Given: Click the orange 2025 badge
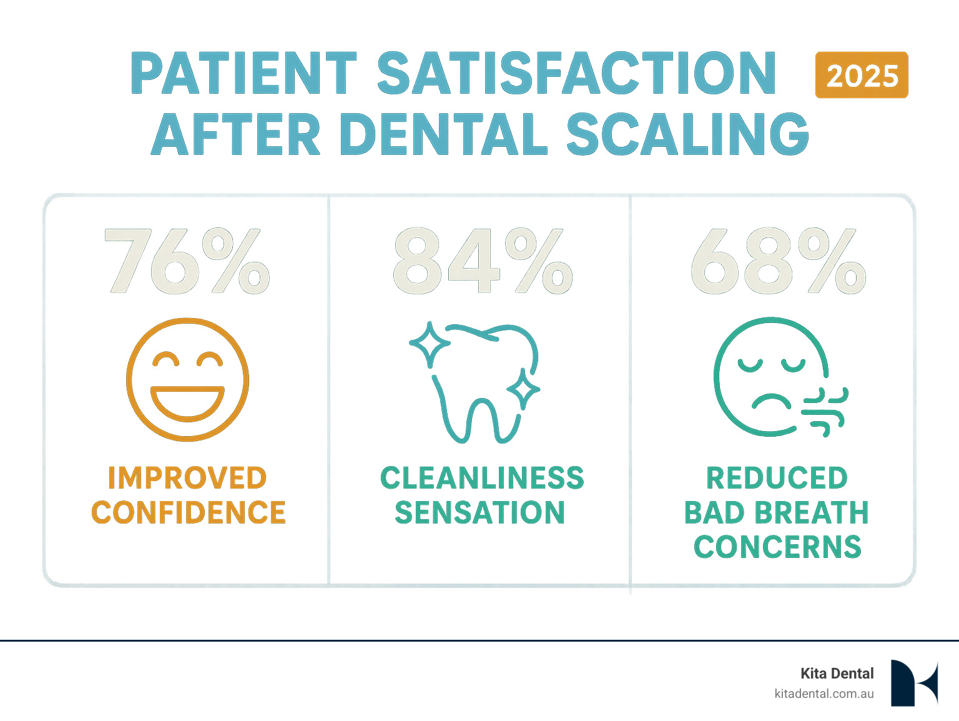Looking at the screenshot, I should point(862,75).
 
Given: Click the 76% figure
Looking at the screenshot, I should point(187,262).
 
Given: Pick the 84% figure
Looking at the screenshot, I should point(482,262).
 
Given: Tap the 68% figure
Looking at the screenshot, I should point(778,262).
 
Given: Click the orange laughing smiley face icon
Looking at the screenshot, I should point(187,379).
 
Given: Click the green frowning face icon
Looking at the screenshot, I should point(770,377).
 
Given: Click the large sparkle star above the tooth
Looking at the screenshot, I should point(429,344).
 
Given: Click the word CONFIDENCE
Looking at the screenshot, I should point(189,512).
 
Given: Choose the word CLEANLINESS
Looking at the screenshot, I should point(482,479).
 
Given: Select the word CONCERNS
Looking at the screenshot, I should point(777,547).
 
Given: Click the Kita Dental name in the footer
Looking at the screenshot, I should point(837,673).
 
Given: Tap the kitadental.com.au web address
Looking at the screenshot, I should point(824,694).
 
